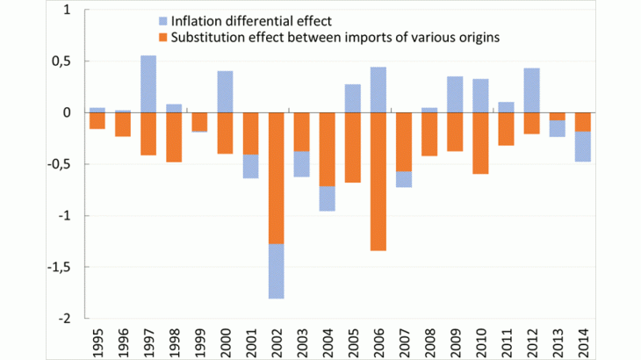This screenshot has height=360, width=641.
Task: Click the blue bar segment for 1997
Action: pyautogui.click(x=148, y=84)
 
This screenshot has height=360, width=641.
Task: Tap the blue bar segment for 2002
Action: pyautogui.click(x=276, y=271)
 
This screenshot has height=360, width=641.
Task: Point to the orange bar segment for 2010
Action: pyautogui.click(x=479, y=143)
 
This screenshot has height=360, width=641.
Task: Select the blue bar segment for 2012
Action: pyautogui.click(x=530, y=90)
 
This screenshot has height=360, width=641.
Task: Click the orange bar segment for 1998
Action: pyautogui.click(x=174, y=137)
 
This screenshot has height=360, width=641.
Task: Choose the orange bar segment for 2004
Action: pyautogui.click(x=327, y=149)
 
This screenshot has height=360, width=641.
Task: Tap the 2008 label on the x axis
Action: pyautogui.click(x=429, y=342)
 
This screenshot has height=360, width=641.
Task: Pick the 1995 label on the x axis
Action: pyautogui.click(x=97, y=342)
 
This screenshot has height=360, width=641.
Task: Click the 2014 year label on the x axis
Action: pyautogui.click(x=582, y=342)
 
